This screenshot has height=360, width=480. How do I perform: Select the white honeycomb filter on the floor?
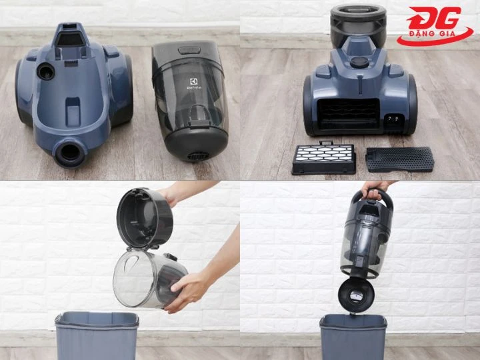pyautogui.click(x=323, y=159)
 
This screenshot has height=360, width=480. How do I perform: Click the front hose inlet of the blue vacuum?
pyautogui.click(x=70, y=152)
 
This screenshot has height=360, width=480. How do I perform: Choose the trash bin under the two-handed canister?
pyautogui.click(x=96, y=336)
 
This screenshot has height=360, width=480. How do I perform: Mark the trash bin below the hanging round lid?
pyautogui.click(x=353, y=337)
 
